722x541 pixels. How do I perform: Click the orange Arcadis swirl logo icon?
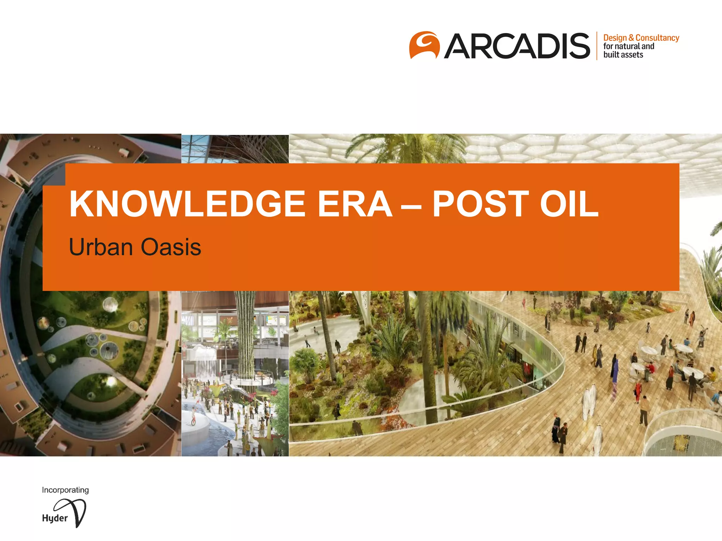click(424, 45)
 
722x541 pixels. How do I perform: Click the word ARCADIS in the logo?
click(517, 46)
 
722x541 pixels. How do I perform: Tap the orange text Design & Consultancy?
click(641, 38)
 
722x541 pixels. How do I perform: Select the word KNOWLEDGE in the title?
click(187, 204)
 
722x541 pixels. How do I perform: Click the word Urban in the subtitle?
click(101, 247)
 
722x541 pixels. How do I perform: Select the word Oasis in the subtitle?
click(171, 247)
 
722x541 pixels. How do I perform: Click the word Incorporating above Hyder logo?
click(65, 490)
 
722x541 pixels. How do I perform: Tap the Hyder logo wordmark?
click(55, 518)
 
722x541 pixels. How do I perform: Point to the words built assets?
click(623, 55)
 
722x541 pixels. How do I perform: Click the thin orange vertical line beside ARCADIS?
click(597, 46)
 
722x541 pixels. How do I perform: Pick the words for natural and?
click(629, 46)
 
